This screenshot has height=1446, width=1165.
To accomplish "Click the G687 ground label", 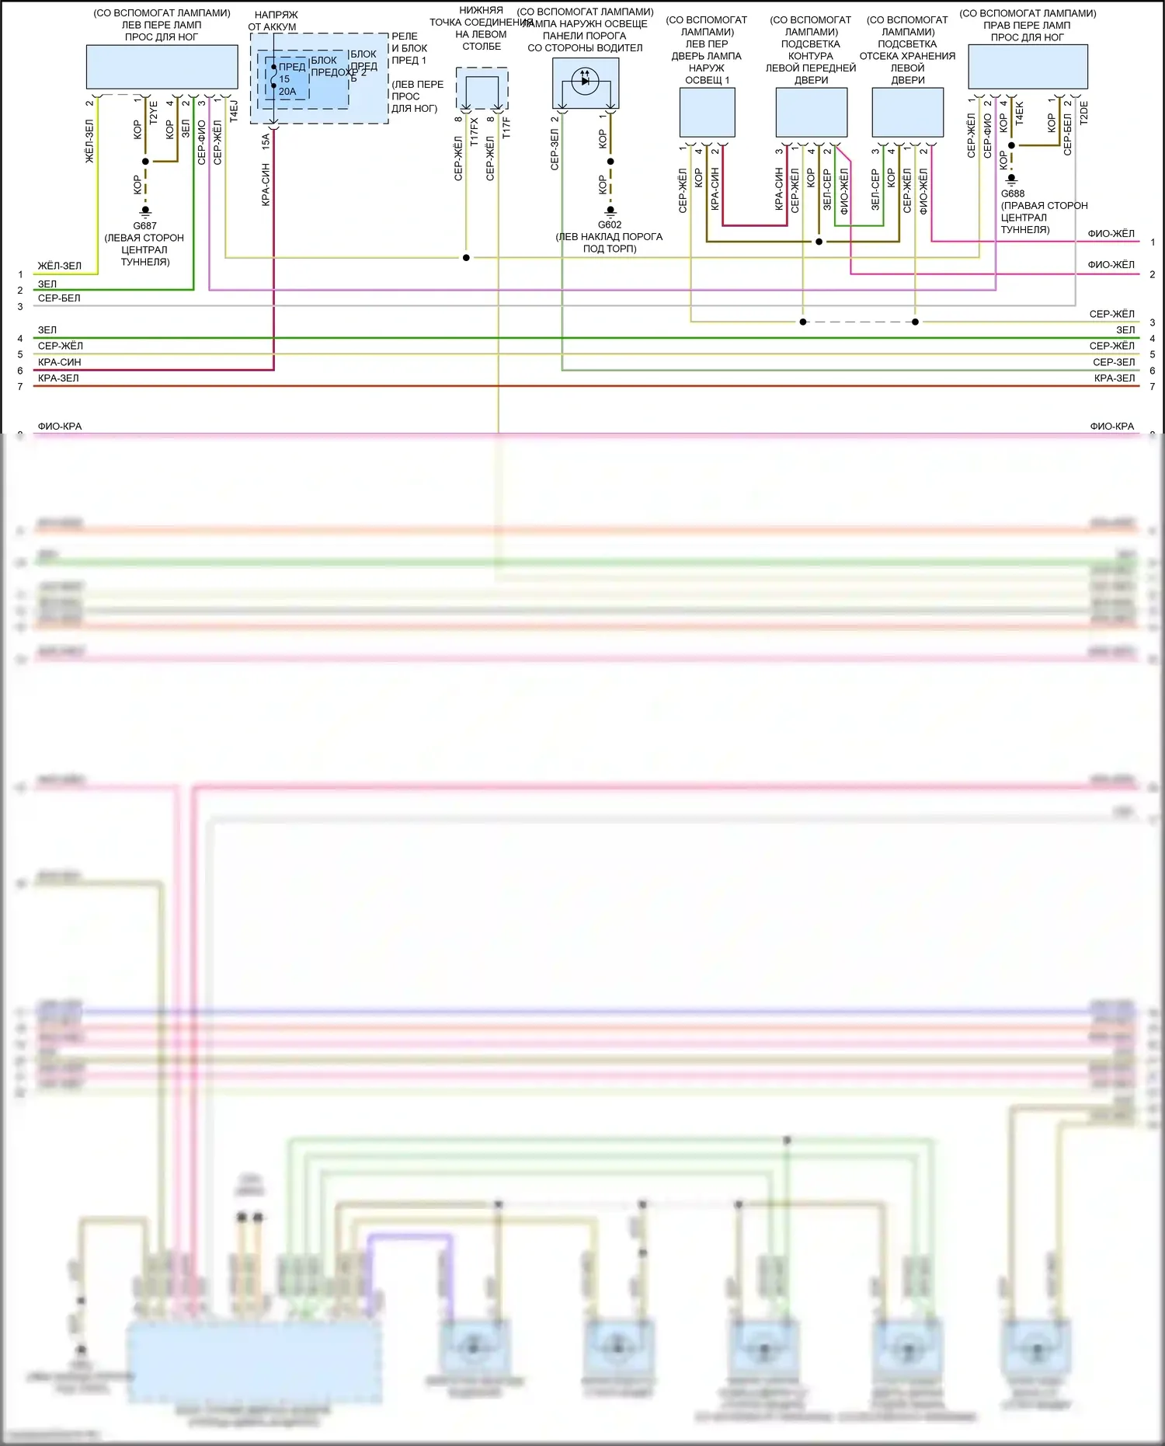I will (144, 226).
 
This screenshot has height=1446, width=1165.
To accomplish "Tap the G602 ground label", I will (610, 225).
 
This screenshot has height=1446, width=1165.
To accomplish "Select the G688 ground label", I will (1013, 194).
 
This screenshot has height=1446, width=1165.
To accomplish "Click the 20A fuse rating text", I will (287, 92).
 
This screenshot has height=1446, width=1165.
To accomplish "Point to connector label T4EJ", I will (234, 111).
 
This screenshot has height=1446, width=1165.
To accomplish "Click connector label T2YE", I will (153, 113).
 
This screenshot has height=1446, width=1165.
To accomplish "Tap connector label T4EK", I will (1020, 113).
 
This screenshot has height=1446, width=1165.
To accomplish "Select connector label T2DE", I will (1084, 113).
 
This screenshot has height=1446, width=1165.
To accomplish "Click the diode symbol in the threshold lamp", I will (586, 80).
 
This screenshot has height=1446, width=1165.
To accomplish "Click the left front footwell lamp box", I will (162, 67).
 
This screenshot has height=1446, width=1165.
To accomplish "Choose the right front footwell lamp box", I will (1028, 67).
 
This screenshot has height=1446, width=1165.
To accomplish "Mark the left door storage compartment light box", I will (907, 113).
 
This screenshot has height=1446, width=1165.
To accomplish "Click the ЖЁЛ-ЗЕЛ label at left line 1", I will (60, 266).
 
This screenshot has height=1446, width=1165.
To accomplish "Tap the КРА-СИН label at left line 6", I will (60, 362).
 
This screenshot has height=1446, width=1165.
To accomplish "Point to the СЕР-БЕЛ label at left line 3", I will (59, 298).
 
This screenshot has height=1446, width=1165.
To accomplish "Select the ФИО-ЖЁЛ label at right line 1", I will (1111, 234).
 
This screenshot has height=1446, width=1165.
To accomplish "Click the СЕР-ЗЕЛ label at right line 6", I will (1114, 362).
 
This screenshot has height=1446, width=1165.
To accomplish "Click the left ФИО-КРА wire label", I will (60, 427).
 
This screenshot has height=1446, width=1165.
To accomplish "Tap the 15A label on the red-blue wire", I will (266, 141).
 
